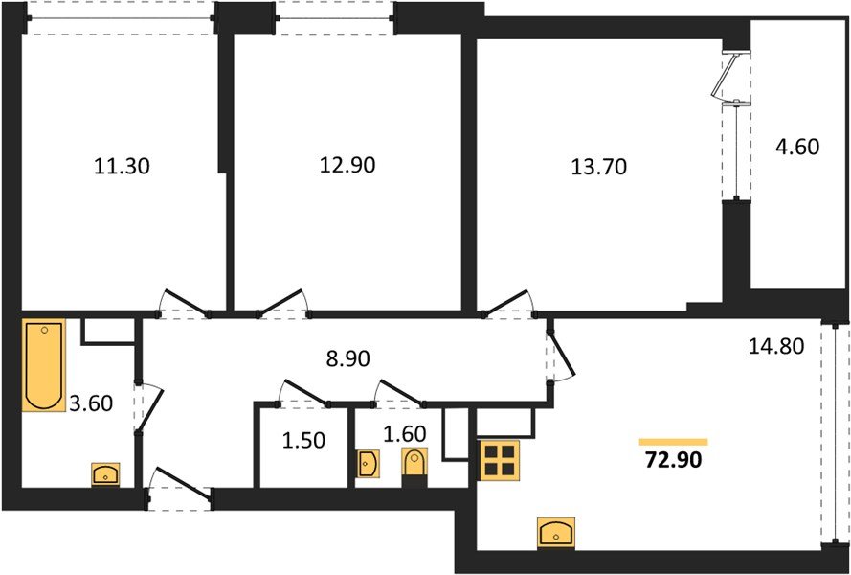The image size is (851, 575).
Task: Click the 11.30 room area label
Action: point(123,166)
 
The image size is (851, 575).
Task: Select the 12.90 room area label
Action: point(347,165)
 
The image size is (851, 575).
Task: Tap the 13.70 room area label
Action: point(598,167)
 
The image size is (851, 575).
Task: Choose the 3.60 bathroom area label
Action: point(92,403)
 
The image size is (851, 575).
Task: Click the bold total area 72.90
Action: point(674,462)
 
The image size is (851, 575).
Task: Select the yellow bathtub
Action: point(44,365)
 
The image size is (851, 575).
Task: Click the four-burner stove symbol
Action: point(500,460)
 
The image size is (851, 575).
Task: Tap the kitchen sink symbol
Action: point(555,531)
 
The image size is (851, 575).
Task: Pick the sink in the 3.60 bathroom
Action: point(104,472)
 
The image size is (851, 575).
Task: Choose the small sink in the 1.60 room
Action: point(368,464)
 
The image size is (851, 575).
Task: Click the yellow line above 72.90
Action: point(673,441)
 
